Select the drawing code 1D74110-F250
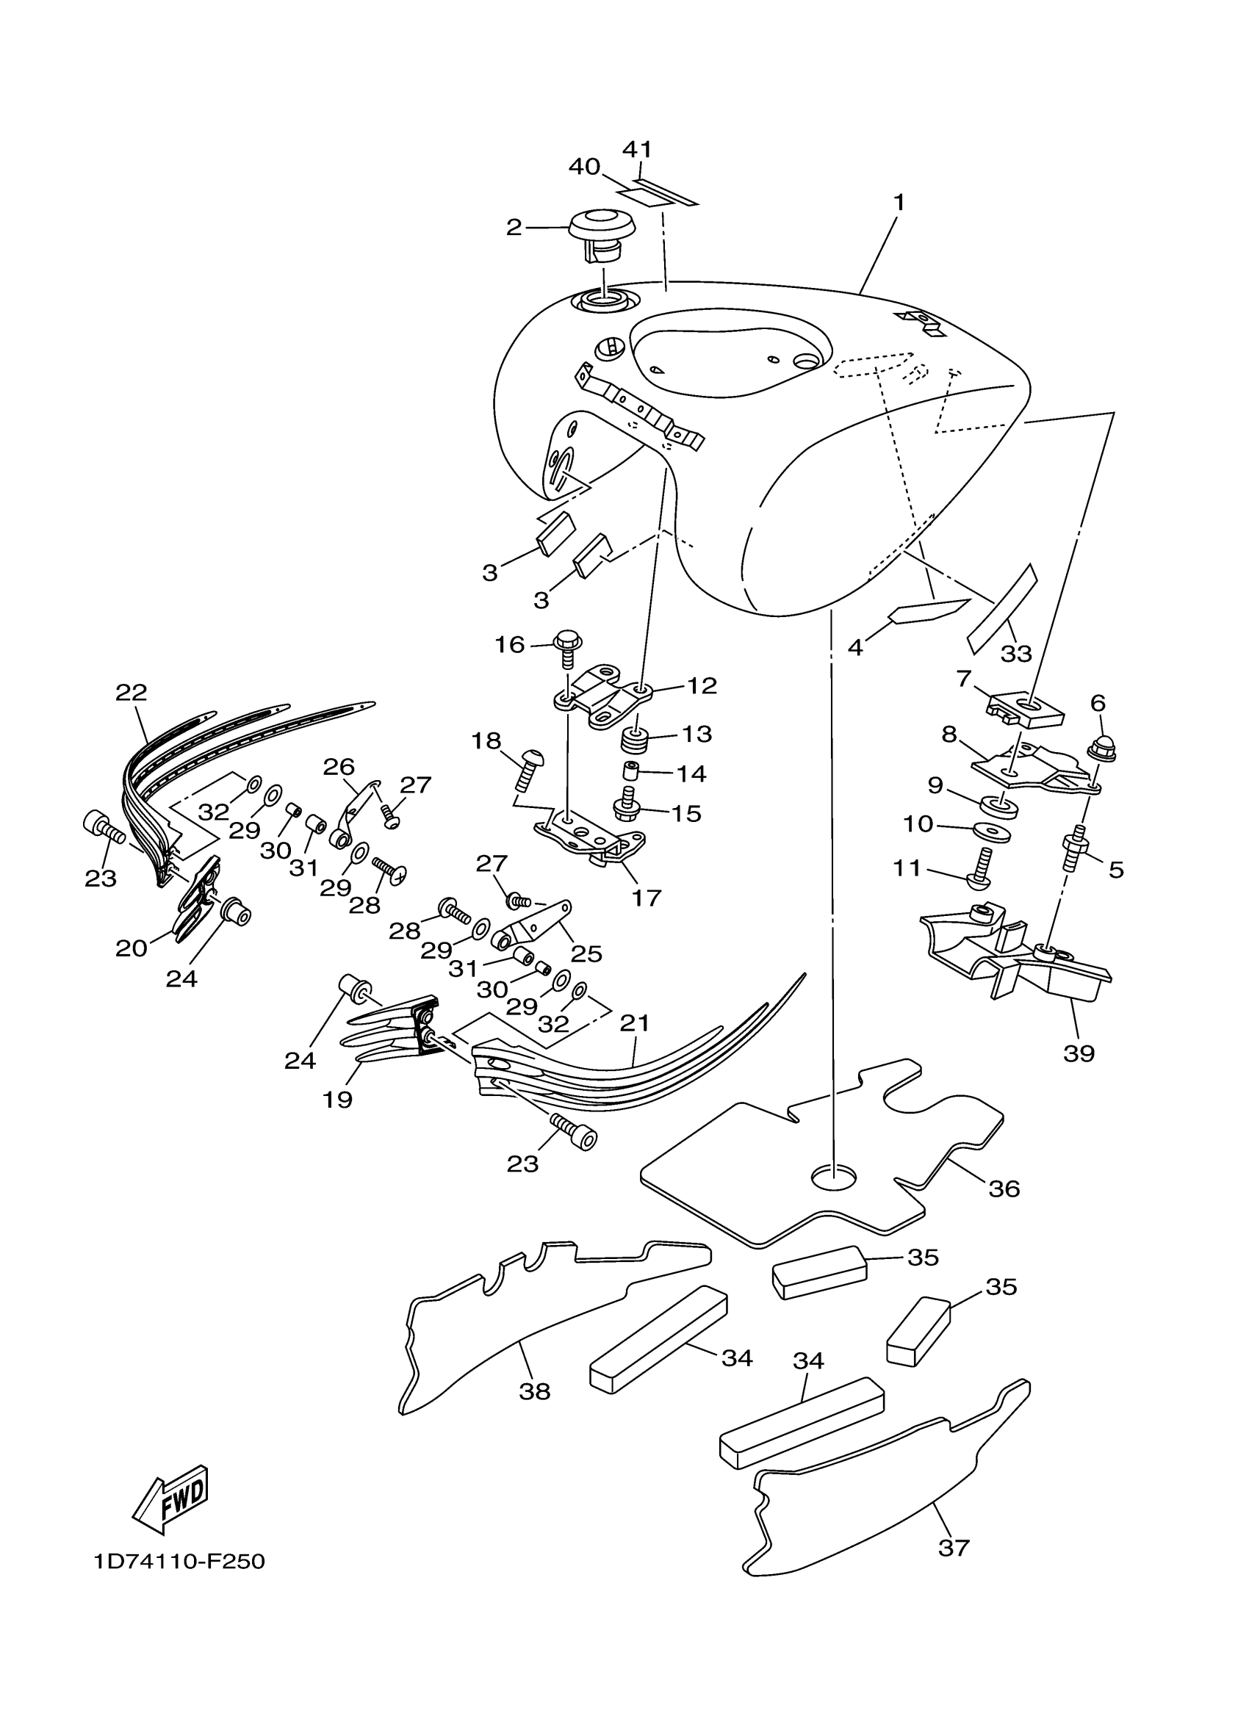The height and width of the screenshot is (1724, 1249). (x=179, y=1562)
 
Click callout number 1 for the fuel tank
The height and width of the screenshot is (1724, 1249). (x=899, y=203)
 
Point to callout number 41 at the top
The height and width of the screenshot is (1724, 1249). (x=638, y=149)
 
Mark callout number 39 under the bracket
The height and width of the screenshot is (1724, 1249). (x=1079, y=1054)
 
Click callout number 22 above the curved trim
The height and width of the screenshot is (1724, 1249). (x=132, y=693)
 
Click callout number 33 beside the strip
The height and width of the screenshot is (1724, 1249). (x=1016, y=653)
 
